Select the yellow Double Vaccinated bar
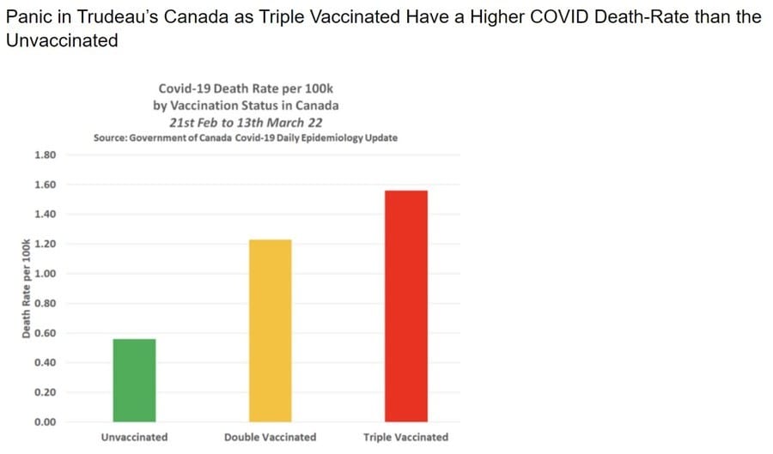(x=270, y=330)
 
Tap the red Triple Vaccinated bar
(x=406, y=306)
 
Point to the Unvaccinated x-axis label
(x=134, y=437)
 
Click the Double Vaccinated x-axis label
(x=270, y=437)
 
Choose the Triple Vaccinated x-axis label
(x=405, y=437)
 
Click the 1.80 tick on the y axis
(x=44, y=155)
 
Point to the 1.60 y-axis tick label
(x=44, y=185)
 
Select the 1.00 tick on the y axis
(x=44, y=274)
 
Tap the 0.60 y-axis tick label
(x=44, y=333)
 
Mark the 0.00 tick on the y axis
(x=44, y=421)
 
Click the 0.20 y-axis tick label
(x=44, y=392)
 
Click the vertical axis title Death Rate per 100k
(x=26, y=288)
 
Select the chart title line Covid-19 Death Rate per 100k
(x=247, y=89)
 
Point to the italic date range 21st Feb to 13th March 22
(x=247, y=121)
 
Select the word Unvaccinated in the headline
(x=61, y=40)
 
